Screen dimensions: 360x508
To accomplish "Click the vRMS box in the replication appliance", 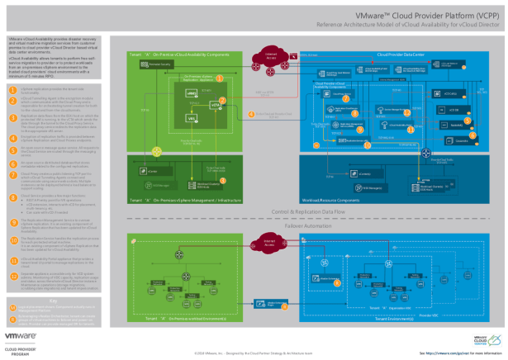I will coord(192,95).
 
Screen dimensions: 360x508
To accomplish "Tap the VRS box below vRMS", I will coord(192,118).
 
